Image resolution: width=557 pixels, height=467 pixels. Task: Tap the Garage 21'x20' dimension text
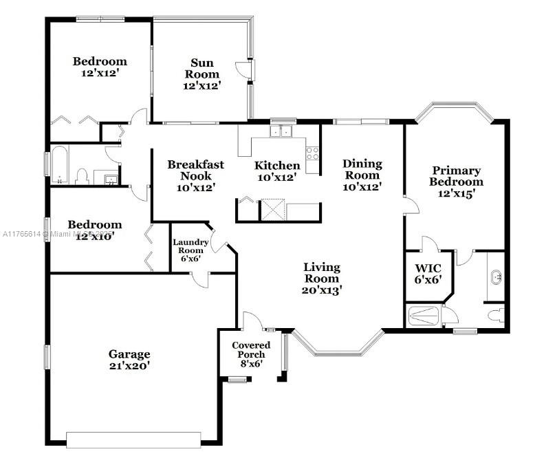[x=129, y=366]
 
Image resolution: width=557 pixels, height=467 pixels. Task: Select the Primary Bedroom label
[x=457, y=176]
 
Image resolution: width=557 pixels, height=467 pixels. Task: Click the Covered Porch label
[x=251, y=349]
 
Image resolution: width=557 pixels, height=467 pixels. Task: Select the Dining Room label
[x=362, y=169]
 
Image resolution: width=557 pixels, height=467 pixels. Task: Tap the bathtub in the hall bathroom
[x=58, y=166]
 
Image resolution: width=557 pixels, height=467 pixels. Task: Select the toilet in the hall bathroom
[x=83, y=177]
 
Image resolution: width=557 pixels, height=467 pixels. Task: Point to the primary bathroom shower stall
[x=424, y=316]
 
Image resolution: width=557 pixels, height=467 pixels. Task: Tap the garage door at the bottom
[x=133, y=439]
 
